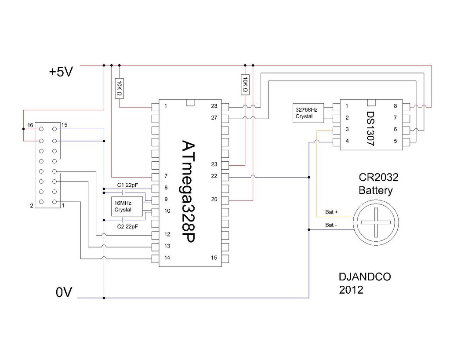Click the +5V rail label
click(x=61, y=72)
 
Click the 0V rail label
click(x=64, y=292)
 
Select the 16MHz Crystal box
click(x=127, y=207)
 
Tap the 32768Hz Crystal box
click(x=308, y=113)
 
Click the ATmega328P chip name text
click(x=188, y=191)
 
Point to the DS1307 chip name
click(x=371, y=129)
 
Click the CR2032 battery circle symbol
click(x=376, y=222)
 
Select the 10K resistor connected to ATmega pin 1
click(x=120, y=88)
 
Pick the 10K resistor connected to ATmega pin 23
click(x=245, y=85)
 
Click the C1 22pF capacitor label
click(x=127, y=185)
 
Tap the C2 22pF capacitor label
click(x=127, y=226)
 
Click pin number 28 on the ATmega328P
click(x=214, y=106)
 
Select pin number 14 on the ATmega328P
click(x=167, y=258)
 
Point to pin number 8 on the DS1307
click(x=395, y=106)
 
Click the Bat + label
click(x=331, y=212)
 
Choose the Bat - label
click(x=331, y=225)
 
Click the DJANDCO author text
click(x=365, y=277)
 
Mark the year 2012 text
click(x=351, y=290)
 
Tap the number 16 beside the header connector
click(x=30, y=125)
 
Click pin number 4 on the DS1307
click(x=347, y=141)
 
